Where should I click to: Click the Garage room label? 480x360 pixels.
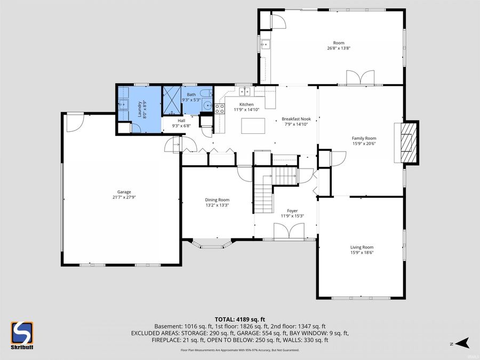(124, 192)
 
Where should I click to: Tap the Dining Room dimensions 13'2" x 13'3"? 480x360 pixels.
(218, 205)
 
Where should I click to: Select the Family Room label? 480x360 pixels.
(364, 138)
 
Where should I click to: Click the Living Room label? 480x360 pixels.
(362, 247)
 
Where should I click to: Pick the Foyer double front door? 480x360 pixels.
(288, 231)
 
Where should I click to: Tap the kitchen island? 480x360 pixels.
(253, 126)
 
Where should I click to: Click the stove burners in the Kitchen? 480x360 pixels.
(219, 108)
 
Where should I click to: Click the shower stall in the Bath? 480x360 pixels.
(172, 101)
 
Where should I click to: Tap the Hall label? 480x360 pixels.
(174, 121)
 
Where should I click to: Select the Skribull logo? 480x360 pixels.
(22, 335)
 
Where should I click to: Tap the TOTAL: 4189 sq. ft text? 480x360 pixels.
(240, 318)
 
